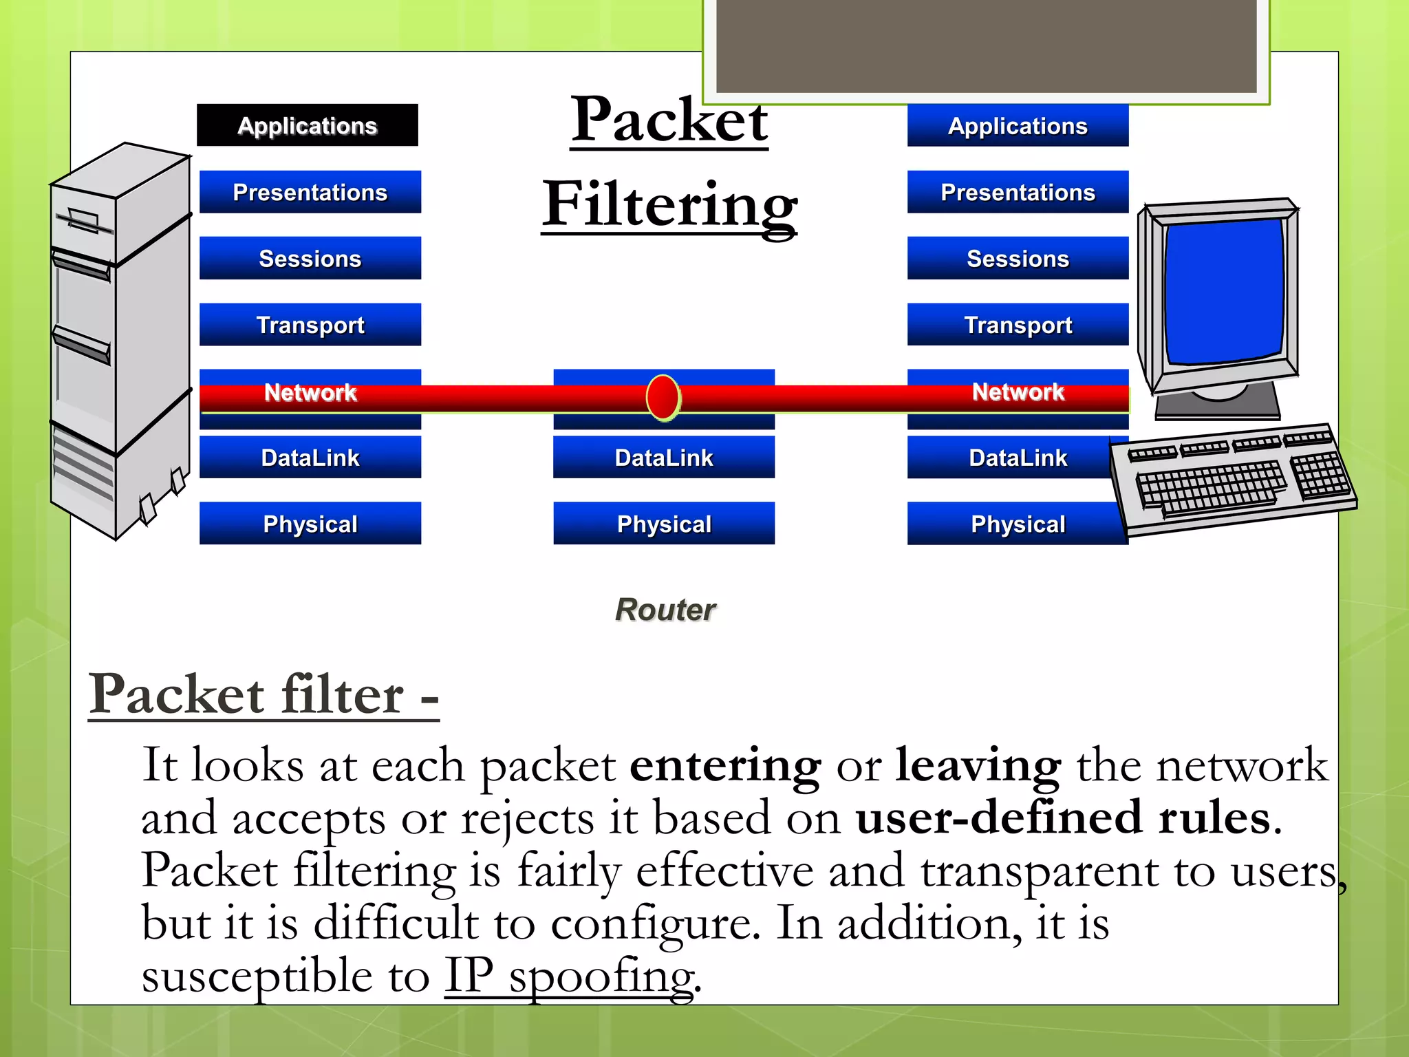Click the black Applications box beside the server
coord(308,125)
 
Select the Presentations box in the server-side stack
coord(310,192)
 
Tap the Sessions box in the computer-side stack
coord(1018,258)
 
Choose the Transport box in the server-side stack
coord(310,324)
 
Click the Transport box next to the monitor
coord(1018,324)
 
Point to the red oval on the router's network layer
coord(663,397)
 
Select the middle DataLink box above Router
coord(664,457)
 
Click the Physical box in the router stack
coord(664,524)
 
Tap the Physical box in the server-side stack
coord(310,524)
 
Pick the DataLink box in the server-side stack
coord(310,457)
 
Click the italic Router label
coord(665,610)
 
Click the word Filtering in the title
coord(669,204)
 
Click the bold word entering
coord(725,765)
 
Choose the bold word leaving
coord(978,765)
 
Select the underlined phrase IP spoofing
coord(569,976)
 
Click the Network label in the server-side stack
coord(310,392)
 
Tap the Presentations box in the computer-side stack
coord(1018,192)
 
